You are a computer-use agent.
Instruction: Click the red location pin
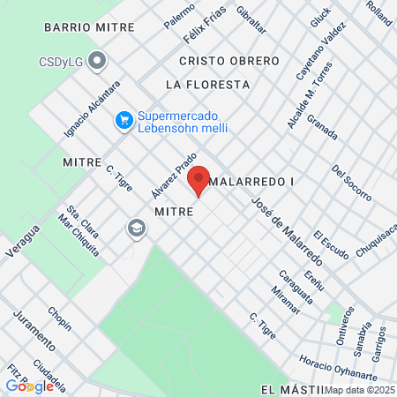(198, 180)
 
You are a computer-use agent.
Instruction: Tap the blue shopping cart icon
(124, 117)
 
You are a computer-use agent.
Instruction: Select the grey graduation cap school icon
(136, 228)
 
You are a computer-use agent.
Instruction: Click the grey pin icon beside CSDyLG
(98, 61)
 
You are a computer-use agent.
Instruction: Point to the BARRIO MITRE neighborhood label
(88, 27)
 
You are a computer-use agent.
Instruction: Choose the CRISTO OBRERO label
(228, 61)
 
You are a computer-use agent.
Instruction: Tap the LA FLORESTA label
(207, 85)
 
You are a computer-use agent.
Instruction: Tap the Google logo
(29, 386)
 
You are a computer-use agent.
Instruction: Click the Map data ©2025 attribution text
(360, 389)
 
